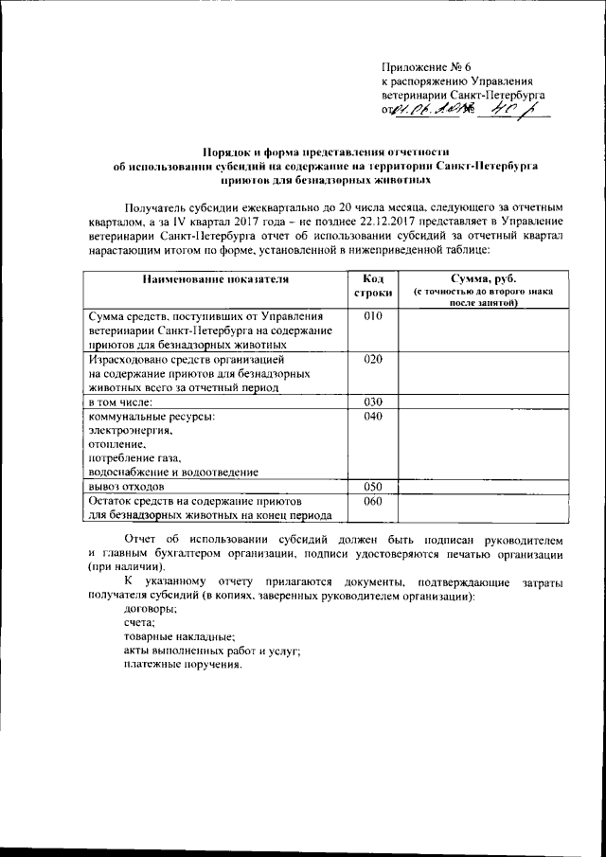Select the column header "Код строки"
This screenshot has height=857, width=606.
click(x=371, y=287)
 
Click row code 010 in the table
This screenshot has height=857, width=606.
click(x=372, y=315)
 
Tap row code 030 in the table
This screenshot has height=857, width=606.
click(x=372, y=402)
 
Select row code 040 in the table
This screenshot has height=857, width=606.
click(x=372, y=417)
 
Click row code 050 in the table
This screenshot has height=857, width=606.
click(x=372, y=486)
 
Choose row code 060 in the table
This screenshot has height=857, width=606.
click(x=372, y=502)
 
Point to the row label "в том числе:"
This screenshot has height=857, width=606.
click(x=124, y=402)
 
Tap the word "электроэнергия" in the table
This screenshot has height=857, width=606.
click(x=130, y=431)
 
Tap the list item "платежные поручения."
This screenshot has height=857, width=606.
click(x=183, y=664)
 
